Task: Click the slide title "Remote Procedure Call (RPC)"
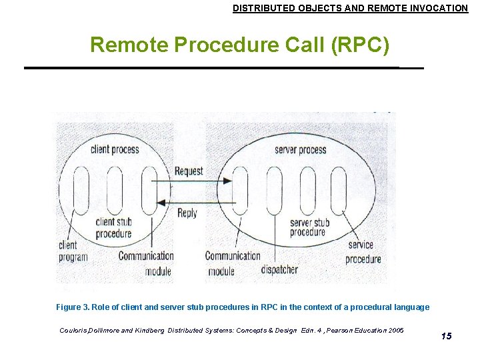tap(239, 45)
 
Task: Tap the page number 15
tap(446, 336)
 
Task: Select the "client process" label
tap(115, 149)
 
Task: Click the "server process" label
tap(300, 149)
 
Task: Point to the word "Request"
tap(189, 171)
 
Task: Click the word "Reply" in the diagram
tap(187, 213)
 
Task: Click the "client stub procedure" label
tap(113, 228)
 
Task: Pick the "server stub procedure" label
tap(309, 227)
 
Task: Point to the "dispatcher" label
tap(279, 270)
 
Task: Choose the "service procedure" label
tap(363, 252)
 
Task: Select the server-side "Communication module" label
tap(232, 263)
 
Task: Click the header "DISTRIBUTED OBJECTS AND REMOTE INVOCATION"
tap(350, 9)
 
